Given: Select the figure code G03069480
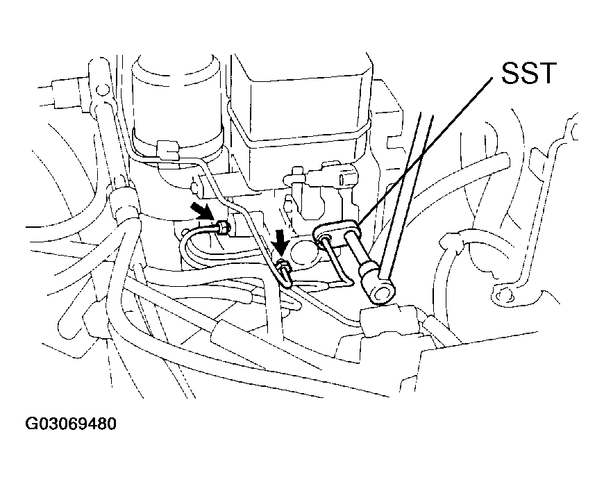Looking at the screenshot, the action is point(71,424).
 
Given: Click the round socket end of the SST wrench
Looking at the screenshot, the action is point(380,294).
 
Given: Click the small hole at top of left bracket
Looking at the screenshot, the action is point(101,90).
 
